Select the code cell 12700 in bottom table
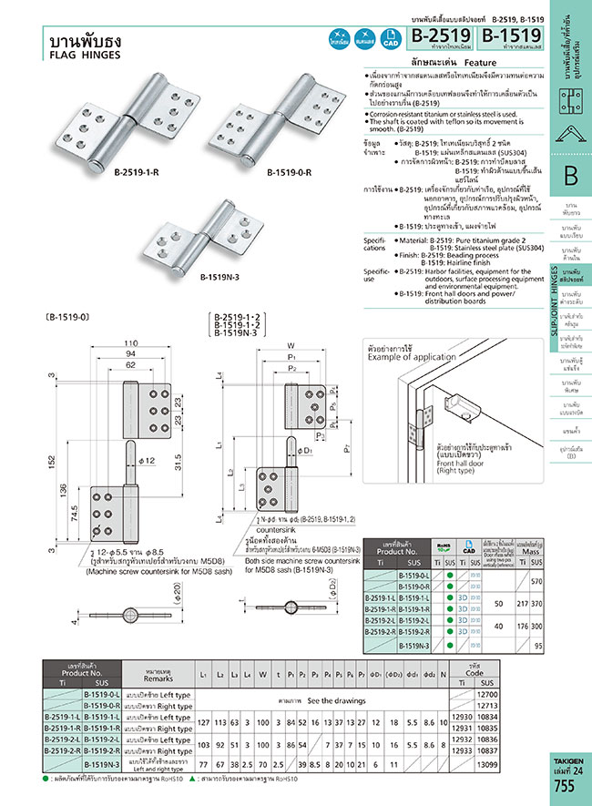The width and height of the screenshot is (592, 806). (x=489, y=695)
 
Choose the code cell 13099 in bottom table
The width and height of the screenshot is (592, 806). (x=489, y=765)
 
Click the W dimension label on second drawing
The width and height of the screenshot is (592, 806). (x=291, y=345)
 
